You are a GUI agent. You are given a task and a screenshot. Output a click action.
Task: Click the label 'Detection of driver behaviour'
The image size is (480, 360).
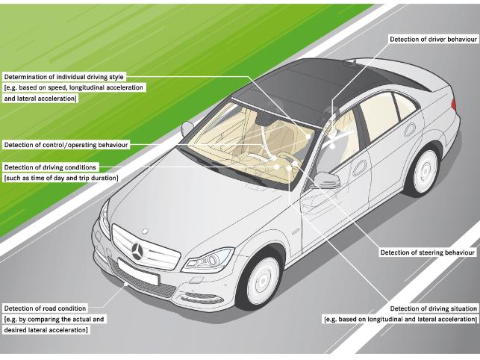[432, 38]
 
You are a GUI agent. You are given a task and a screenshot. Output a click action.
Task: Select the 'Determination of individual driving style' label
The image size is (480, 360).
[64, 77]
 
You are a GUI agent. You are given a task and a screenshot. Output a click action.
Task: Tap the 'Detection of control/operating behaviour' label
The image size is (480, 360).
[66, 144]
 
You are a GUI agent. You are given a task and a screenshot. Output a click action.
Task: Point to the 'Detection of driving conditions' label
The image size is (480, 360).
[50, 167]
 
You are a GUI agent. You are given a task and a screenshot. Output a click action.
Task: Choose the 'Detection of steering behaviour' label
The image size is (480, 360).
[427, 252]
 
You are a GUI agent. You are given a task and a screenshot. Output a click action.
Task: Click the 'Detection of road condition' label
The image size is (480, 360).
[46, 308]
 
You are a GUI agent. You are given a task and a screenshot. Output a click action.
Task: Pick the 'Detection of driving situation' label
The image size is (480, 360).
[434, 308]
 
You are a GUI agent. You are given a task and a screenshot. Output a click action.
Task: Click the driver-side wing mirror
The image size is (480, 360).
[326, 180]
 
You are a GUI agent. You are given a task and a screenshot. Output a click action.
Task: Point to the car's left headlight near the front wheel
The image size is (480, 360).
[208, 261]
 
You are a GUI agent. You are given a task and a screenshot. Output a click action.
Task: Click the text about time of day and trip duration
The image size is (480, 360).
[62, 178]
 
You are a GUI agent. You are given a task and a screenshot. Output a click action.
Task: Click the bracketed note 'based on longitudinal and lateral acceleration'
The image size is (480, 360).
[401, 319]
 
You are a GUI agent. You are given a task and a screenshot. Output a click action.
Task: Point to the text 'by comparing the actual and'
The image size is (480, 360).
[54, 319]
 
